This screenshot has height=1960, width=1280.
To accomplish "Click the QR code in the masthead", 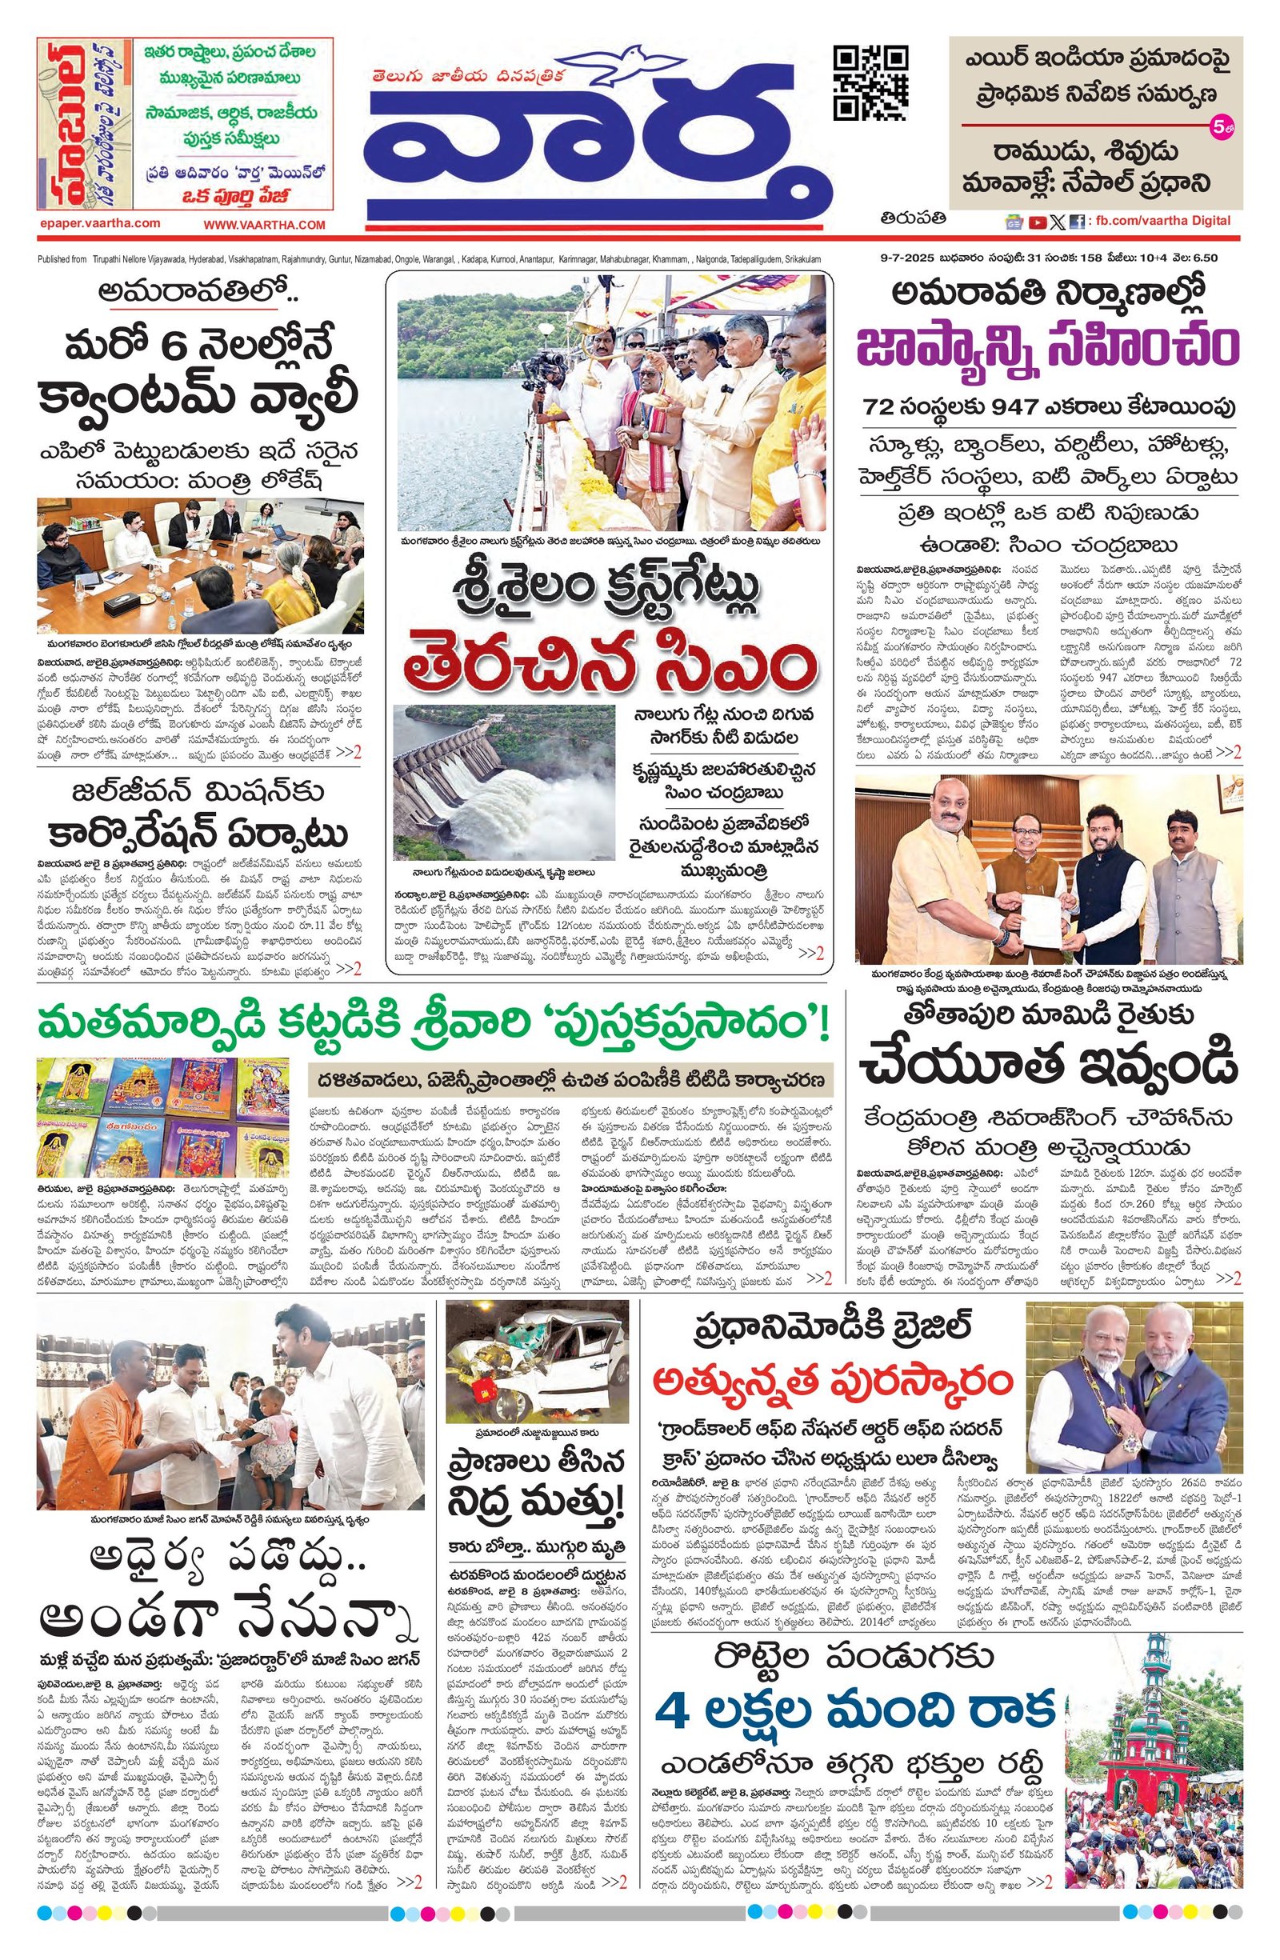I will [871, 83].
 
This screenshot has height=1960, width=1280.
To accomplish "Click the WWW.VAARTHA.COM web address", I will [265, 225].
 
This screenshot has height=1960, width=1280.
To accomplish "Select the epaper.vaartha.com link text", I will [99, 223].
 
